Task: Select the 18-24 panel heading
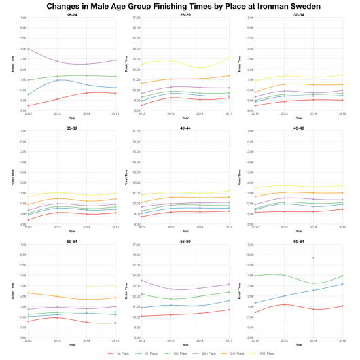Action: point(71,14)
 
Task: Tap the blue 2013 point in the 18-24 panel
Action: point(58,80)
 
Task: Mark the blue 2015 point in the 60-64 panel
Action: point(342,284)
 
